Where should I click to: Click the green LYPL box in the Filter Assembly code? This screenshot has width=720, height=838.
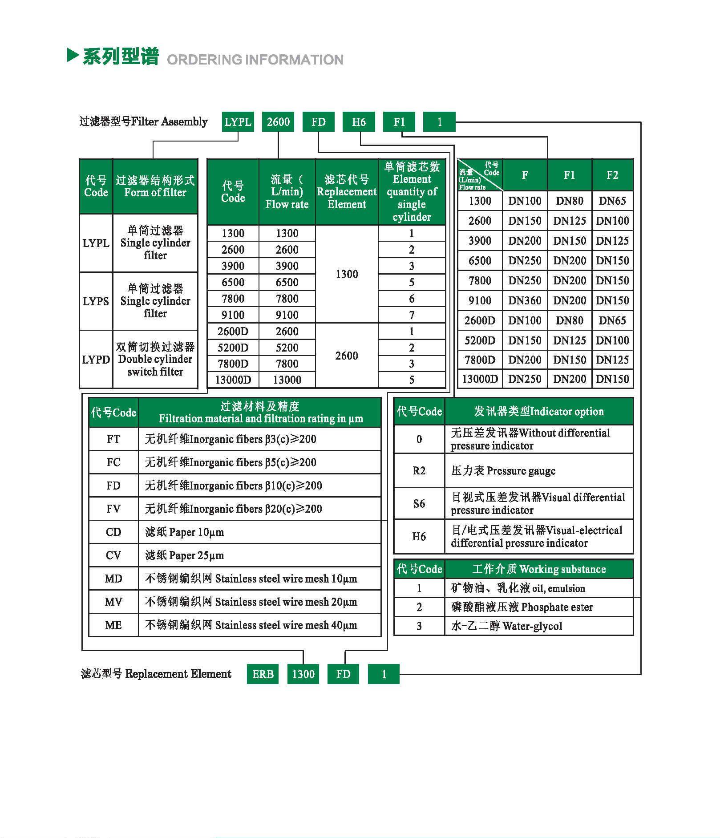pyautogui.click(x=238, y=122)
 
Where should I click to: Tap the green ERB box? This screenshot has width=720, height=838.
pyautogui.click(x=263, y=674)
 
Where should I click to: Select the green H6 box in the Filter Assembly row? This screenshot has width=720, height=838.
pyautogui.click(x=359, y=122)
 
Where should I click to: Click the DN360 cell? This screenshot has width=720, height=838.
pyautogui.click(x=525, y=301)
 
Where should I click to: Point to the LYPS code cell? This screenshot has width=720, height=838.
pyautogui.click(x=96, y=301)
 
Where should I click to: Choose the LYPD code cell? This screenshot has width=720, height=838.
pyautogui.click(x=96, y=360)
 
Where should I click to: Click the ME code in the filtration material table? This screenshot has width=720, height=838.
pyautogui.click(x=113, y=625)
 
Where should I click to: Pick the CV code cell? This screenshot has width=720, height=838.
pyautogui.click(x=113, y=555)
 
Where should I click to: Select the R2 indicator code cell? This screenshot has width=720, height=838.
pyautogui.click(x=419, y=471)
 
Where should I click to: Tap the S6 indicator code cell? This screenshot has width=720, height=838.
pyautogui.click(x=419, y=504)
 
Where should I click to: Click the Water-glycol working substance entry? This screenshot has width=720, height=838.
pyautogui.click(x=507, y=626)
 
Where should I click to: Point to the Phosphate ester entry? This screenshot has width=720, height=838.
pyautogui.click(x=522, y=607)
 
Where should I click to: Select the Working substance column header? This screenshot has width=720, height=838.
pyautogui.click(x=539, y=569)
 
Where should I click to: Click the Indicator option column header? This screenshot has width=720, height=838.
pyautogui.click(x=539, y=412)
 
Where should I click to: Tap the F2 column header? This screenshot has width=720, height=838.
pyautogui.click(x=612, y=175)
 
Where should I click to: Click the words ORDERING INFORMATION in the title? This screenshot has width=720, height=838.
pyautogui.click(x=255, y=60)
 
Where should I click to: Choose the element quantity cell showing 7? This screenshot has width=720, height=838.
pyautogui.click(x=412, y=315)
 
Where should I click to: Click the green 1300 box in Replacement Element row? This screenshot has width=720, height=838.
pyautogui.click(x=303, y=674)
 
